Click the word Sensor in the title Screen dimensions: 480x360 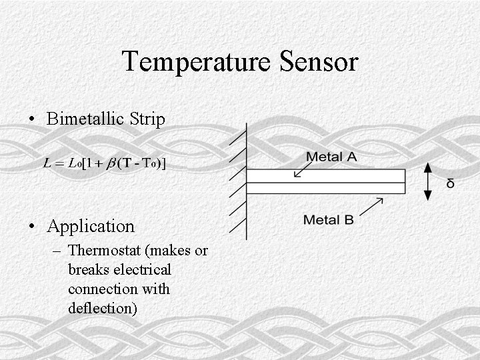click(x=319, y=62)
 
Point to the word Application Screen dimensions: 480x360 click(x=91, y=227)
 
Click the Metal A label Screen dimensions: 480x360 click(x=331, y=157)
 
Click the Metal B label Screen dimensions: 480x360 click(x=328, y=219)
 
